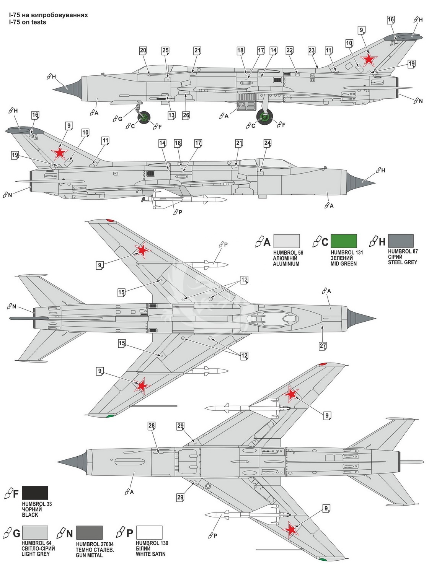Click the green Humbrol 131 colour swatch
tap(344, 241)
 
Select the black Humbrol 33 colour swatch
tap(35, 493)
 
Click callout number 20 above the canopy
tap(143, 50)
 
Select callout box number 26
tap(186, 115)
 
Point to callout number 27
tap(323, 346)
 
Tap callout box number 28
tap(152, 426)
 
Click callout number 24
tap(268, 143)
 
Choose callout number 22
tap(289, 50)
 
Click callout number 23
tap(312, 50)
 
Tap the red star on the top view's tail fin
tap(369, 60)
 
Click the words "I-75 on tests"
tap(27, 22)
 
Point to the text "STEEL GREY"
tap(403, 262)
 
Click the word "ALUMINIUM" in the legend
tap(286, 264)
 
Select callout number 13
tap(171, 115)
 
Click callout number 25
tap(165, 50)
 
